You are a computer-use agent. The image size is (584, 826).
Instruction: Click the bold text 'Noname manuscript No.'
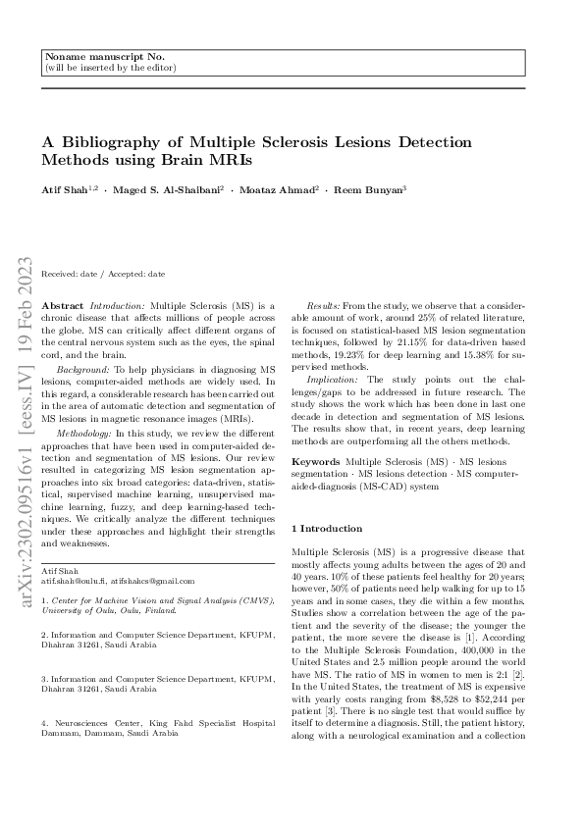(93, 58)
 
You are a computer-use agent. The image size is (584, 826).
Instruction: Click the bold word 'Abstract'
(64, 307)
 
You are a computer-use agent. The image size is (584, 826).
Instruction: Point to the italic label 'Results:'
(325, 307)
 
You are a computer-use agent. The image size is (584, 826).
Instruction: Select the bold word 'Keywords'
(316, 460)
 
